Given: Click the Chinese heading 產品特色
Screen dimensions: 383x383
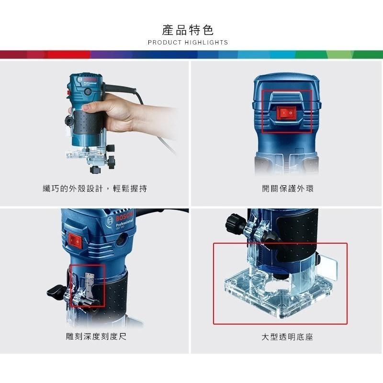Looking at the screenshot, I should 188,30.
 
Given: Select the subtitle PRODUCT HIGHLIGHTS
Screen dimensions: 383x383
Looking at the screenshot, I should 188,43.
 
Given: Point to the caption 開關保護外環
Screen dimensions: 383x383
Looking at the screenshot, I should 288,189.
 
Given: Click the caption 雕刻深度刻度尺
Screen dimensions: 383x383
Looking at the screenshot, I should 96,337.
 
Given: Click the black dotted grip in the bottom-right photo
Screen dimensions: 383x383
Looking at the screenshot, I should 299,235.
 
